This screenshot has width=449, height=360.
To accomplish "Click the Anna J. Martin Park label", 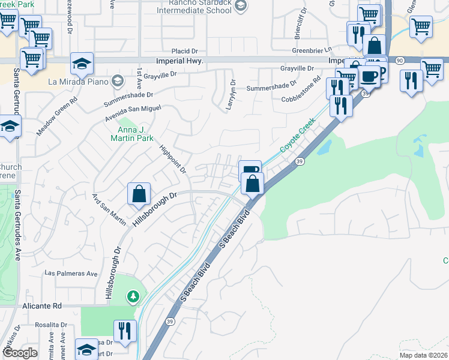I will [128, 122].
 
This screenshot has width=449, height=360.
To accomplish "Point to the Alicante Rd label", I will [43, 305].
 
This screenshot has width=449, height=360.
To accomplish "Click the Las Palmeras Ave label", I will [71, 274].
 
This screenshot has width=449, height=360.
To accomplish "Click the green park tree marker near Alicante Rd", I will [133, 296].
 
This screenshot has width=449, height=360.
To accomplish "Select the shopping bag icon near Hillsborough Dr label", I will [139, 193].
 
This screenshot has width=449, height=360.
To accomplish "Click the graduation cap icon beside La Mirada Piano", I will [82, 63].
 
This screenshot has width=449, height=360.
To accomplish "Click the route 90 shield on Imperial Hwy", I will [399, 61].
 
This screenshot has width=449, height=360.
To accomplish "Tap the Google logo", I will [21, 353].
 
